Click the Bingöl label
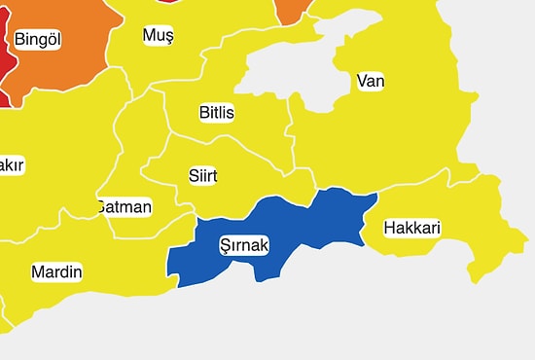[38, 40]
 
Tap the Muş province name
[158, 36]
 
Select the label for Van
[371, 81]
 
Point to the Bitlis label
[216, 113]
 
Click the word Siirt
[202, 176]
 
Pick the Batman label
[125, 207]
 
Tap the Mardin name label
[56, 271]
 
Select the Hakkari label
[412, 229]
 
